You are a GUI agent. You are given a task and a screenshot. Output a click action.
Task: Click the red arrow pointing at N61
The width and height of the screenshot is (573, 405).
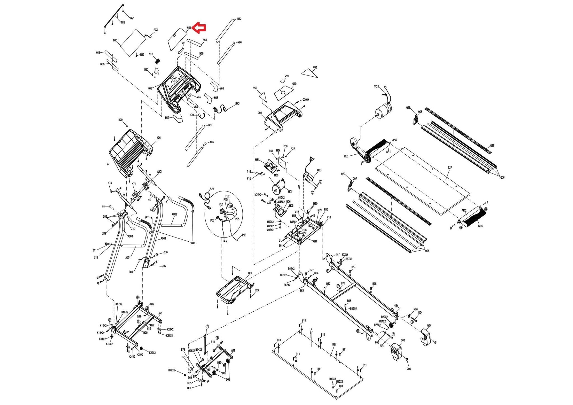tap(200, 28)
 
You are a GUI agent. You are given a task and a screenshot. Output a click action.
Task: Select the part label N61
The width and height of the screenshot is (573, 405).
tap(189, 28)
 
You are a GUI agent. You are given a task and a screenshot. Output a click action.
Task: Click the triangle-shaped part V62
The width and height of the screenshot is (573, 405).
tap(263, 97)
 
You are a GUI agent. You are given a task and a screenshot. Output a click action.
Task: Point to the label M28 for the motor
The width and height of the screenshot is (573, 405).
tap(376, 86)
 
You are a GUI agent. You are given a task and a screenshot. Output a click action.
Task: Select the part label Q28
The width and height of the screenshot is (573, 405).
tap(492, 145)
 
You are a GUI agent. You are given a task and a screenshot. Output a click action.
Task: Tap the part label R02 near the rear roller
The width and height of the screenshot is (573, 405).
tap(481, 226)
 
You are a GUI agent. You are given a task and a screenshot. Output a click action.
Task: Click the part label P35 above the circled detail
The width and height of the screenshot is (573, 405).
tap(212, 189)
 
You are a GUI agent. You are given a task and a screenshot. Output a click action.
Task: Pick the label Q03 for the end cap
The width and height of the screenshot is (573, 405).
tap(403, 340)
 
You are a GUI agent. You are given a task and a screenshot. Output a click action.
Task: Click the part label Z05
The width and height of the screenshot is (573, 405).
tap(409, 369)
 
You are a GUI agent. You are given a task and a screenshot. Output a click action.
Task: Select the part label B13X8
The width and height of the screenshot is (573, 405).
tap(332, 379)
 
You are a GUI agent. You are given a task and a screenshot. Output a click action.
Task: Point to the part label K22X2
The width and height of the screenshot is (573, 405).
tap(152, 352)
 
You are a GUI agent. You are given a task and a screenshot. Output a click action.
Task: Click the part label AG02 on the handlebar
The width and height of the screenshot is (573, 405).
tap(174, 215)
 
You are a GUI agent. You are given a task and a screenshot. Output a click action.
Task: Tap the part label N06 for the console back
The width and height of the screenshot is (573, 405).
tap(158, 138)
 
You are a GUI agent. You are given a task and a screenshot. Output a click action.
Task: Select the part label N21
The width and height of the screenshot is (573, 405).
tap(132, 18)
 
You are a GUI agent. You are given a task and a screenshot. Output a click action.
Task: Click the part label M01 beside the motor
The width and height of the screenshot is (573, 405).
tap(290, 192)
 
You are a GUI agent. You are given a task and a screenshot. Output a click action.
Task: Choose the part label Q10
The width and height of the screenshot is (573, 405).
tap(294, 84)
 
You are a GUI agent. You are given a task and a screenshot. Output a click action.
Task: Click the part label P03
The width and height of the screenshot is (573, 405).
tap(156, 30)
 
